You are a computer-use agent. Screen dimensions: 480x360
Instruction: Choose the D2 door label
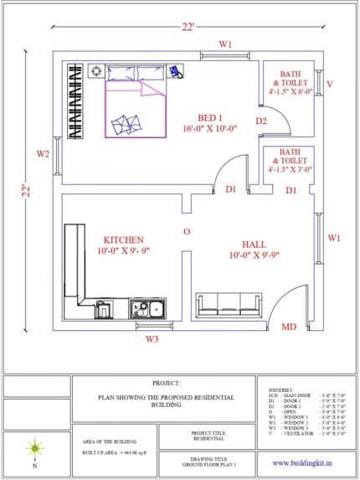pos(261,122)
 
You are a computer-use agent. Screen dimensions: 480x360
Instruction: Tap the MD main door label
pos(288,327)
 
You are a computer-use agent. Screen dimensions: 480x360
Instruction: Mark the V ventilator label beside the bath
pos(330,85)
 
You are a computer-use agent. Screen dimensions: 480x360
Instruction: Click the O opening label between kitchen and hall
pos(187,230)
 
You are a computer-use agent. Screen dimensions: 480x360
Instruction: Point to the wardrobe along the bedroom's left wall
pos(77,101)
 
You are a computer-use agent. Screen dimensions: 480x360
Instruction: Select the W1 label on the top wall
pos(226,44)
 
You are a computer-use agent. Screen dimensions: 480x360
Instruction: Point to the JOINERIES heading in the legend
pos(281,390)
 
